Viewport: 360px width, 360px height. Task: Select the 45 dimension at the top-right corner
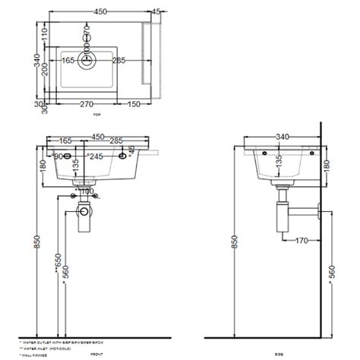pyautogui.click(x=156, y=11)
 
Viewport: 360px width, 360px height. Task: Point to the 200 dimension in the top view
pyautogui.click(x=44, y=68)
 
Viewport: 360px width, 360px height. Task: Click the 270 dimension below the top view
pyautogui.click(x=87, y=104)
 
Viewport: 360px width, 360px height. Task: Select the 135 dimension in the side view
pyautogui.click(x=279, y=163)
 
